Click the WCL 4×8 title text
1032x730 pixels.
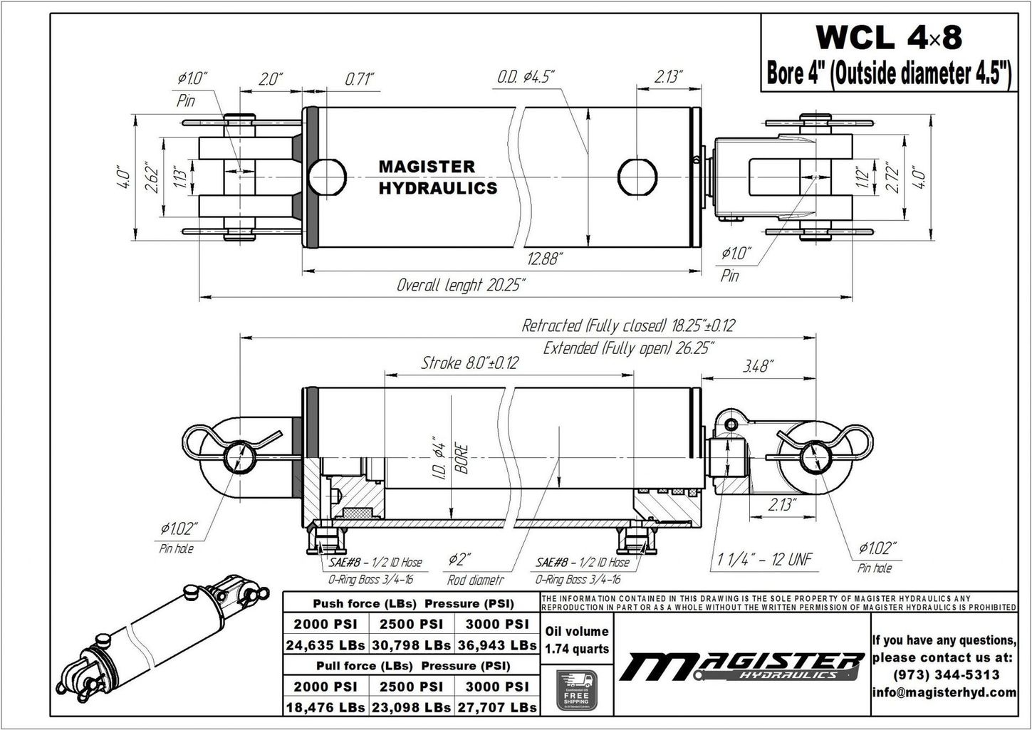pyautogui.click(x=888, y=37)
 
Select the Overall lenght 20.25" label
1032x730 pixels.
pyautogui.click(x=461, y=286)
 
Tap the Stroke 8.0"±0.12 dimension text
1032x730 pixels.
pyautogui.click(x=469, y=363)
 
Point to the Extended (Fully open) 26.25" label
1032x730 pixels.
pyautogui.click(x=629, y=348)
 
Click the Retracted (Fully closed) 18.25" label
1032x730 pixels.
pyautogui.click(x=627, y=326)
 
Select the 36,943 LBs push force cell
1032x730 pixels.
pyautogui.click(x=496, y=645)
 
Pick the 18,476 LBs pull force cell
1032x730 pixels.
pyautogui.click(x=325, y=707)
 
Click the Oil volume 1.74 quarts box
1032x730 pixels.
pyautogui.click(x=576, y=640)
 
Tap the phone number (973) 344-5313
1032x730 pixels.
pyautogui.click(x=944, y=674)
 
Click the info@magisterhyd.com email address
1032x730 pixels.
pyautogui.click(x=944, y=692)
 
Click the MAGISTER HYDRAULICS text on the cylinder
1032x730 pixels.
pyautogui.click(x=437, y=177)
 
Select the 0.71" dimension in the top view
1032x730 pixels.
pyautogui.click(x=359, y=78)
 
